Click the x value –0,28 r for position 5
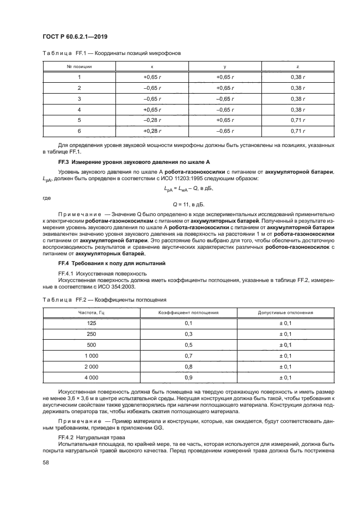point(152,120)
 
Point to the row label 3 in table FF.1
point(80,99)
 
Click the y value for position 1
point(225,77)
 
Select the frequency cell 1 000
point(91,355)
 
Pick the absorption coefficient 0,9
point(188,377)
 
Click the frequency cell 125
point(91,324)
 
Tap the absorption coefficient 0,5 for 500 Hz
point(188,345)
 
